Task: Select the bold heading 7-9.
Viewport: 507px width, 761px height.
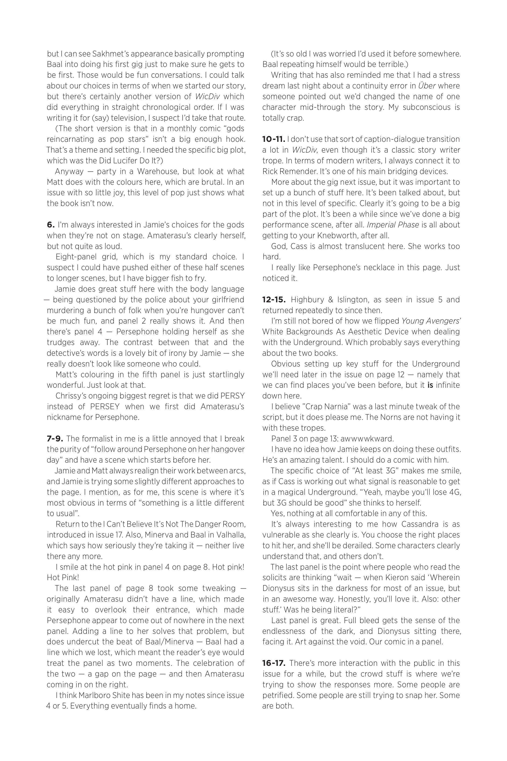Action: pyautogui.click(x=55, y=439)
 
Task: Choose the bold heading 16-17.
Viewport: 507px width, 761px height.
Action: pyautogui.click(x=274, y=663)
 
